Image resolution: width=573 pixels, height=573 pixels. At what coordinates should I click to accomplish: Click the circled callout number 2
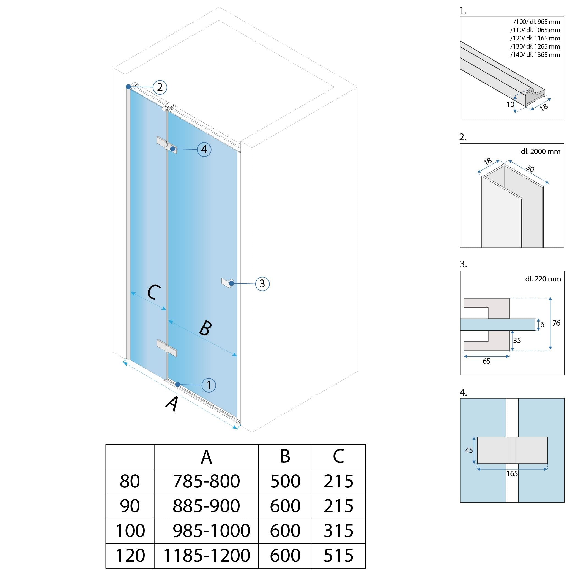click(160, 87)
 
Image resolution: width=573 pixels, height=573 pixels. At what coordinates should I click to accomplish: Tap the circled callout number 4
click(204, 149)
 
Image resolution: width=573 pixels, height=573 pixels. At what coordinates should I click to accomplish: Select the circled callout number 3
click(262, 284)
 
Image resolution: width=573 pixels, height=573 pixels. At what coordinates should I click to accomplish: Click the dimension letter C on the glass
click(154, 292)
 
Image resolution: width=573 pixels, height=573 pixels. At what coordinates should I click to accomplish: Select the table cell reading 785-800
click(206, 481)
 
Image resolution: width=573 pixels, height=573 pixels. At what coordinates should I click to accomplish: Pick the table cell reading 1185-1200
click(207, 555)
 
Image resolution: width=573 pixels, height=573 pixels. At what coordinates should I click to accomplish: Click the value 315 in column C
click(338, 531)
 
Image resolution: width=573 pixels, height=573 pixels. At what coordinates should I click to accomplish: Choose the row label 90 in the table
click(130, 506)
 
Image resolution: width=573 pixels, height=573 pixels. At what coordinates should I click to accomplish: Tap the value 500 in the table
click(285, 481)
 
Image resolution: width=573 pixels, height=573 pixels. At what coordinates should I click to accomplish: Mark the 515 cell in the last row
click(338, 555)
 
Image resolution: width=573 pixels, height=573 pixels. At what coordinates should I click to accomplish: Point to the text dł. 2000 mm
click(540, 152)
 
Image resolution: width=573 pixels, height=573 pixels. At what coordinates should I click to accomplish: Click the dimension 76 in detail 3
click(556, 323)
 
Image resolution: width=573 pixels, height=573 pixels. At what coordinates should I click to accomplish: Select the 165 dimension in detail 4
click(512, 474)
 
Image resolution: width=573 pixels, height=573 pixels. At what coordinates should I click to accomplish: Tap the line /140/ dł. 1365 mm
click(535, 55)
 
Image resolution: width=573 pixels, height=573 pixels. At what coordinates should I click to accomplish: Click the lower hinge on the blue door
click(167, 349)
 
